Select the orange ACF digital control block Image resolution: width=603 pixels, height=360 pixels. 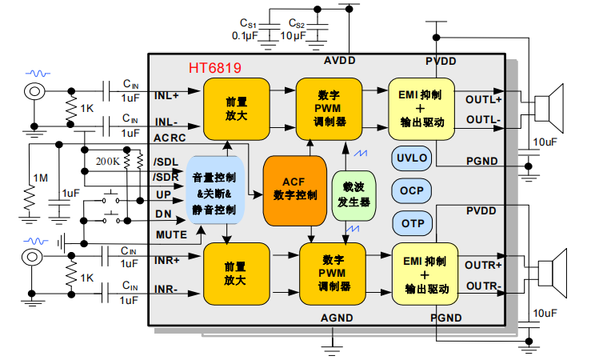[x=294, y=189]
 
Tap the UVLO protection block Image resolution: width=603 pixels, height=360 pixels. [x=412, y=158]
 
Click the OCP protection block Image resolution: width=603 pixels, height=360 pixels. [x=412, y=190]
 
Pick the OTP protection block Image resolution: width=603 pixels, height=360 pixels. [x=412, y=222]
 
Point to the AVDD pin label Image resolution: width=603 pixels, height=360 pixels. [x=340, y=61]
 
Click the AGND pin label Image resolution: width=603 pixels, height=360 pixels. [x=337, y=318]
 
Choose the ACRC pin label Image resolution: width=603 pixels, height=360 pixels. [x=170, y=138]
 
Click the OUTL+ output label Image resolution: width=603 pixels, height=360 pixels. [x=483, y=100]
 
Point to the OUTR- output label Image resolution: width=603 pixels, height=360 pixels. [x=483, y=286]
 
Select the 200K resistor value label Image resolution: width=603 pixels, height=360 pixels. [x=107, y=161]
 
